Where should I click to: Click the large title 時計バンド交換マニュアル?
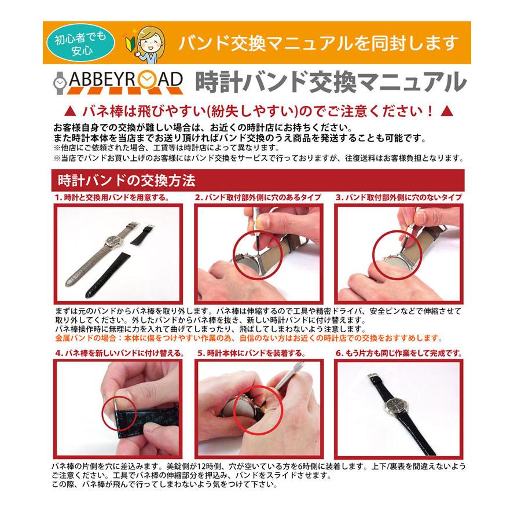point(330,82)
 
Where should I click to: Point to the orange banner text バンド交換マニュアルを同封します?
point(318,42)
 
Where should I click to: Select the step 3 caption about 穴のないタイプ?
point(399,197)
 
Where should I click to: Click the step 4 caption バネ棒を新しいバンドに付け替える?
point(119,353)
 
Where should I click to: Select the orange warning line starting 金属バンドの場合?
point(248,338)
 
